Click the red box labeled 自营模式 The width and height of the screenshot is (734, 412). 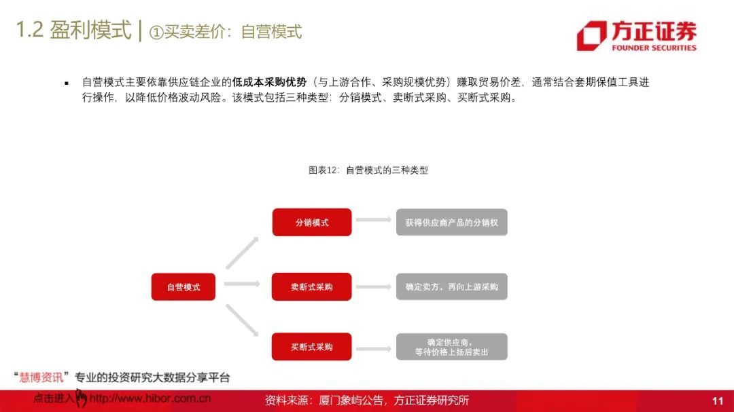[183, 286]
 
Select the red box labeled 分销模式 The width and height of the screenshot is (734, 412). [312, 223]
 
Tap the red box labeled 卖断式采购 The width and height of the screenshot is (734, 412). [312, 286]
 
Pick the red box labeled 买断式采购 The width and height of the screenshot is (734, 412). [312, 347]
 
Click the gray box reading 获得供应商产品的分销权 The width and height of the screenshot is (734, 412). [451, 223]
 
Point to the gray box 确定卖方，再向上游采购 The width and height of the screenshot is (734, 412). [451, 286]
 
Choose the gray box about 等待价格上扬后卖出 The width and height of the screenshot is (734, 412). [451, 347]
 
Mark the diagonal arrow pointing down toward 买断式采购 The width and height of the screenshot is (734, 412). [242, 319]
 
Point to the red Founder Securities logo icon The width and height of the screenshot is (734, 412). [591, 35]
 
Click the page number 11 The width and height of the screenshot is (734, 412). [718, 401]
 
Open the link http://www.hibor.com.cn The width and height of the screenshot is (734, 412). [150, 399]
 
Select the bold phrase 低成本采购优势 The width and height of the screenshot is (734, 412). [269, 82]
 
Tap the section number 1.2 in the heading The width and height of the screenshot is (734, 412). [29, 31]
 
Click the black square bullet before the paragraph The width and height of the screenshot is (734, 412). [67, 83]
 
